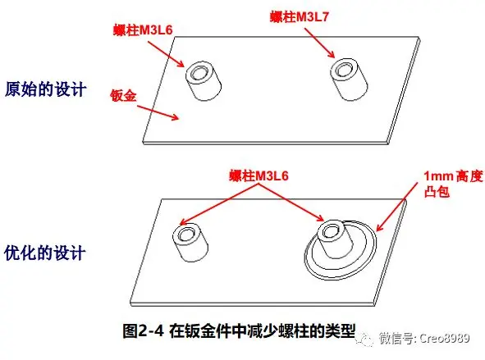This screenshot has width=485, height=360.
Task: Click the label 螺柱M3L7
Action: coord(299,16)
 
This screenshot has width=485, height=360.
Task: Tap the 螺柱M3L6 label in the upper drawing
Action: coord(143,30)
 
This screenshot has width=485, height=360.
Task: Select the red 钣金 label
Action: coord(123,95)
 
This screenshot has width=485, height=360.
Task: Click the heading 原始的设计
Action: coord(45,89)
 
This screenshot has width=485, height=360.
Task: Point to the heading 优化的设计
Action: coord(44,253)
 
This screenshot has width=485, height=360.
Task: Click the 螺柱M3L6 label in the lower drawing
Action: coord(259,175)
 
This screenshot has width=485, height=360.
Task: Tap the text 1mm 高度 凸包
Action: coord(453,185)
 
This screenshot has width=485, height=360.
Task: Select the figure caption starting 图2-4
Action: coord(239,331)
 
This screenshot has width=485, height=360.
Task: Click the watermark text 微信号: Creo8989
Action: coord(424,339)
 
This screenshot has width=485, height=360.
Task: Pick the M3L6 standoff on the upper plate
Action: coord(204,81)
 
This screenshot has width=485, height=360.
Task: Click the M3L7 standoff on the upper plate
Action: coord(349,80)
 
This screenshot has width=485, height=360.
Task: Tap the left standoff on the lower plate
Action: coord(190,243)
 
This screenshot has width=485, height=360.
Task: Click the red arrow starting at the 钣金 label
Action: coord(158,112)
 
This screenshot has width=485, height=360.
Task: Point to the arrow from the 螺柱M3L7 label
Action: coord(319,43)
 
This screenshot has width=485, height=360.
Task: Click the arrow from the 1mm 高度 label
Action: coord(397,207)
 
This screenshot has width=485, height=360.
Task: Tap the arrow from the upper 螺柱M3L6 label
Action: coord(166,54)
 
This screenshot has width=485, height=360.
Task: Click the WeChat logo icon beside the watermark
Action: coord(365,339)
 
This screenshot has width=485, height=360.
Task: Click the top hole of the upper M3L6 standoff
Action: coord(198,72)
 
